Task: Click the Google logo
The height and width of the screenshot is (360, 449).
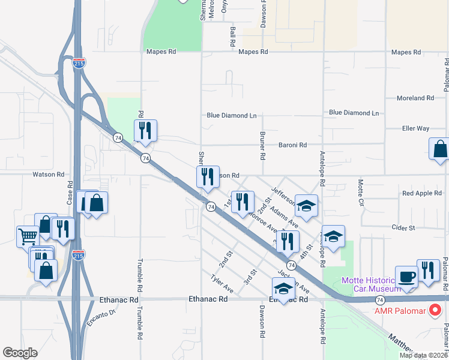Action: click(x=20, y=353)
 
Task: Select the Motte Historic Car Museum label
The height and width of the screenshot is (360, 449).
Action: click(x=370, y=285)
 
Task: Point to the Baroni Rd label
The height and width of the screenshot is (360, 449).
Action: click(x=292, y=145)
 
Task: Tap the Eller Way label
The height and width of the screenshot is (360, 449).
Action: click(x=415, y=128)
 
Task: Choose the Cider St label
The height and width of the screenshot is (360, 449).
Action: click(x=403, y=228)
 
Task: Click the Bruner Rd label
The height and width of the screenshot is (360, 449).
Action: click(x=262, y=146)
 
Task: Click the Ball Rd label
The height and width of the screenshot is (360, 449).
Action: click(x=232, y=37)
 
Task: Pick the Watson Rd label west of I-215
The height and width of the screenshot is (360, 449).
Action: click(x=48, y=175)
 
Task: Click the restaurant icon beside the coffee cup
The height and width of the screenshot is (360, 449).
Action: click(x=428, y=270)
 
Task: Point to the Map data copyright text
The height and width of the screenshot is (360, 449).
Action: click(x=424, y=355)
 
